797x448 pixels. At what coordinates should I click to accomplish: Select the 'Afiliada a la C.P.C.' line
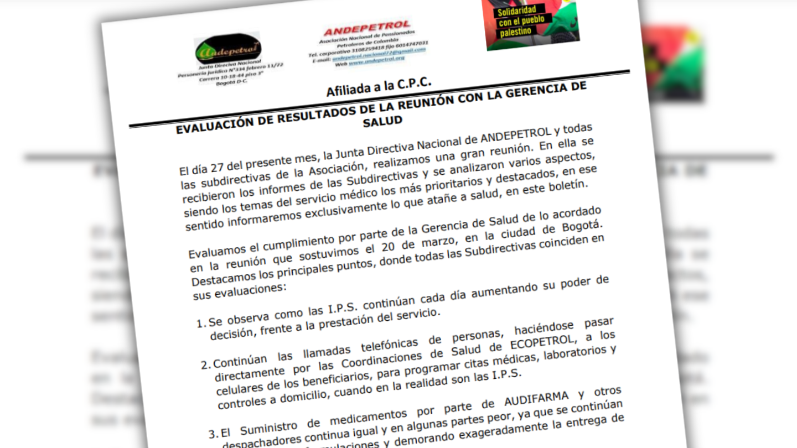coord(379,86)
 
